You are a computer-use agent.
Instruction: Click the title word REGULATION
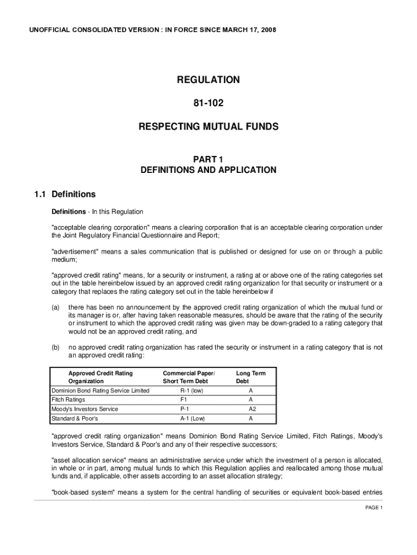[208, 80]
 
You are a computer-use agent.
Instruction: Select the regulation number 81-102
[208, 102]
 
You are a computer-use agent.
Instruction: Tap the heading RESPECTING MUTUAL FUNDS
[208, 127]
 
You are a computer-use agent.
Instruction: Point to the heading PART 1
[208, 159]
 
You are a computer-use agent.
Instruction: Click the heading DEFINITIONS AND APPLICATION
[208, 170]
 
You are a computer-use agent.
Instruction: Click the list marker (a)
[55, 307]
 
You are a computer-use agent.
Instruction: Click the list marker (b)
[55, 347]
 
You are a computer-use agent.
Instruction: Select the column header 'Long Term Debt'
[251, 377]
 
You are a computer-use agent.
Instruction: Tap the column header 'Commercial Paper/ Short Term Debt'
[188, 377]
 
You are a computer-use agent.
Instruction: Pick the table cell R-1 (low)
[192, 391]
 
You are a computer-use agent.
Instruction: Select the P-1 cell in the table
[185, 409]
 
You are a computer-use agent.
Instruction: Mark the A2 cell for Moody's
[251, 409]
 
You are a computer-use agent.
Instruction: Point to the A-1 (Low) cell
[192, 418]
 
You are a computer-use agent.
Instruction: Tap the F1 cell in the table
[184, 400]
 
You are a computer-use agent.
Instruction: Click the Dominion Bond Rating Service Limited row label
[100, 391]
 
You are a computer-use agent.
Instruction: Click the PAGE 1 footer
[373, 508]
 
